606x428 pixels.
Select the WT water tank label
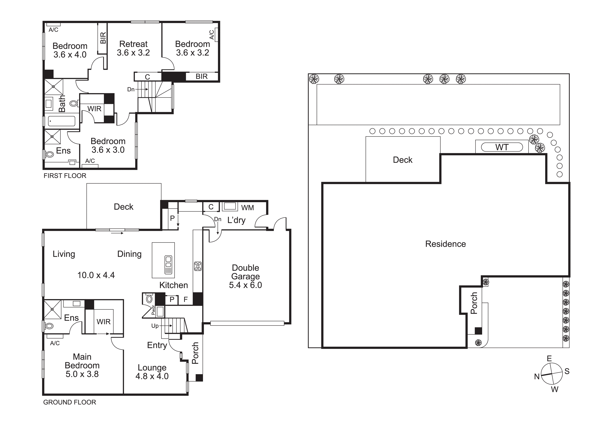coord(502,147)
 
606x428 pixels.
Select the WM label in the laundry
coord(247,208)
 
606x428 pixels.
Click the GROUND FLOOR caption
coord(70,402)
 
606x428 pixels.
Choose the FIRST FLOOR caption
coord(65,176)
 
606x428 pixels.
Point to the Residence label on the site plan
coord(446,244)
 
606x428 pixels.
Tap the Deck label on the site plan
coord(403,160)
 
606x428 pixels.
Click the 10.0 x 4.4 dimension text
coord(96,275)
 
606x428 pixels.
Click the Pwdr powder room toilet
coord(149,299)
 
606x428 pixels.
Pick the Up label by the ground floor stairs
coord(155,326)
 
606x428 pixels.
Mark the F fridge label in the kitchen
coord(186,300)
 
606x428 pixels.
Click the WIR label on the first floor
coord(94,109)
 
